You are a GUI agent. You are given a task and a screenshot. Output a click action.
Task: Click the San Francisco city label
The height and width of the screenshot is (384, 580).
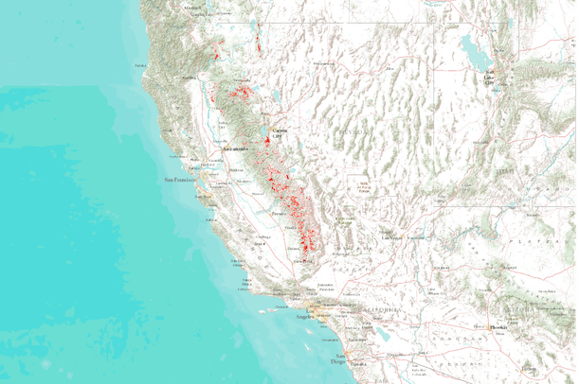pyautogui.click(x=179, y=179)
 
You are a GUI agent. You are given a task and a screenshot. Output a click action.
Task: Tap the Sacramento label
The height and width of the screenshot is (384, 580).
pyautogui.click(x=235, y=149)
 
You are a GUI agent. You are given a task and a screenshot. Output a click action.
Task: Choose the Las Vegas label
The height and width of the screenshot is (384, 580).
pyautogui.click(x=391, y=237)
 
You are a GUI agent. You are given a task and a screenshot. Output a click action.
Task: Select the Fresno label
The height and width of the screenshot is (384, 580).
pyautogui.click(x=279, y=215)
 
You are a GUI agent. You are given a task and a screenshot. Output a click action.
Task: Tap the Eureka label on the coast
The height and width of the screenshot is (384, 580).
pyautogui.click(x=142, y=64)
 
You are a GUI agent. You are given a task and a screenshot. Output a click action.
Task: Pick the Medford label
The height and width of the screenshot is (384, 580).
pyautogui.click(x=194, y=8)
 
